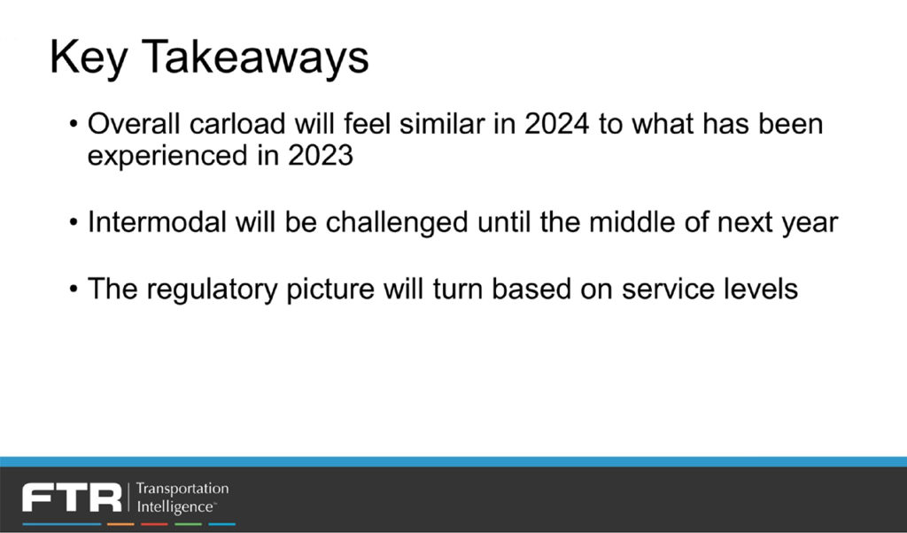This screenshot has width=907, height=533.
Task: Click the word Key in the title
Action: (x=88, y=58)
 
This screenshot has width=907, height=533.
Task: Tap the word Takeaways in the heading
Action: (x=255, y=58)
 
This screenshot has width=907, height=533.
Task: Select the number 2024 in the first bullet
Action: (x=557, y=124)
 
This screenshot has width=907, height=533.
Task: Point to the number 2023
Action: (x=321, y=155)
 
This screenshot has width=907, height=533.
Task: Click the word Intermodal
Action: (x=157, y=222)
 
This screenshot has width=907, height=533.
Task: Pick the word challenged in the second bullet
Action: (x=397, y=223)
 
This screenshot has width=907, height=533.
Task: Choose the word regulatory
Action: (x=212, y=290)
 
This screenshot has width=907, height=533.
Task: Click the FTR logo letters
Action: (x=72, y=498)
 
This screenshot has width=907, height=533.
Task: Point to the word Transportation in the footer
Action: (x=182, y=489)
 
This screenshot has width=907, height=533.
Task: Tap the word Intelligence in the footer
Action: (x=176, y=507)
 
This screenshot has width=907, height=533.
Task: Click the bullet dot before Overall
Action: (x=73, y=124)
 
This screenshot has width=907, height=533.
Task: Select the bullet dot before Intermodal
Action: (x=73, y=222)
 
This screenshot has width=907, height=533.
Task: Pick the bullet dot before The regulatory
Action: (x=73, y=289)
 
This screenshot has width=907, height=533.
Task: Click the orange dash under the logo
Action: (x=120, y=524)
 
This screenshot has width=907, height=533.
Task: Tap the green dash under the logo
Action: (x=188, y=524)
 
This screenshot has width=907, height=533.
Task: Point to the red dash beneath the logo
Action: (x=154, y=524)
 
